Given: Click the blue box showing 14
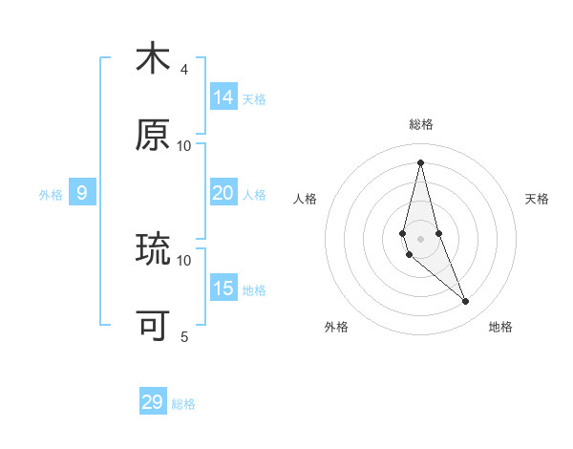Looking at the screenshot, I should coord(223,97).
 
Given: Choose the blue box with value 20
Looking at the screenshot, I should coord(223,193).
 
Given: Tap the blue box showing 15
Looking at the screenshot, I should coord(223,289).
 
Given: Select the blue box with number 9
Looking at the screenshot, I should coord(82,193).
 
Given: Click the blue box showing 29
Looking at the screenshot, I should coord(153,402).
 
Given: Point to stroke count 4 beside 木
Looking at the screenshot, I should coord(184,69).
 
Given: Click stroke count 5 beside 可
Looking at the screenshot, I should coord(184,336).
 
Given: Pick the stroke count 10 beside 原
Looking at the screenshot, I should coord(184,145).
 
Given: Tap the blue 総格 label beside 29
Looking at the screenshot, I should coord(183,404).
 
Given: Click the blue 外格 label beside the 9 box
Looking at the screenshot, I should coord(51,195).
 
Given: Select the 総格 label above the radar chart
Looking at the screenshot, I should coord(421,124).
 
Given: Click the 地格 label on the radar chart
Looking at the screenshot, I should coord(500,327).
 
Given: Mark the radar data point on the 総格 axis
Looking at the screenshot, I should coord(420,162).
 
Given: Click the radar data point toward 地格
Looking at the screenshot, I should coord(466,302).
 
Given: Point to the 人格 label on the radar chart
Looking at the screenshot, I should coord(306,199).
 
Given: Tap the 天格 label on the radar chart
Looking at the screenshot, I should coord(537,199).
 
